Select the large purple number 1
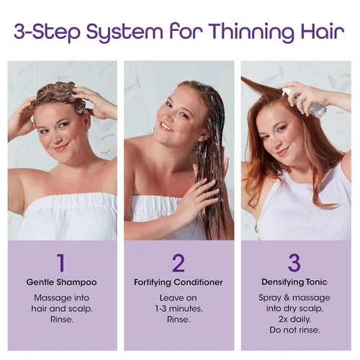61,263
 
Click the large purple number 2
179,263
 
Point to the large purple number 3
294,263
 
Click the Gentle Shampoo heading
62,282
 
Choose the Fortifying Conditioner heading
179,282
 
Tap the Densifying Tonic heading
294,282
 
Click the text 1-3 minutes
179,309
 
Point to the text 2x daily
294,319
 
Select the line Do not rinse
294,330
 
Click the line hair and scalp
62,309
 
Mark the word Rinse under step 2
179,320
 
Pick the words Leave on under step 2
179,298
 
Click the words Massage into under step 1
62,298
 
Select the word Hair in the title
323,32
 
